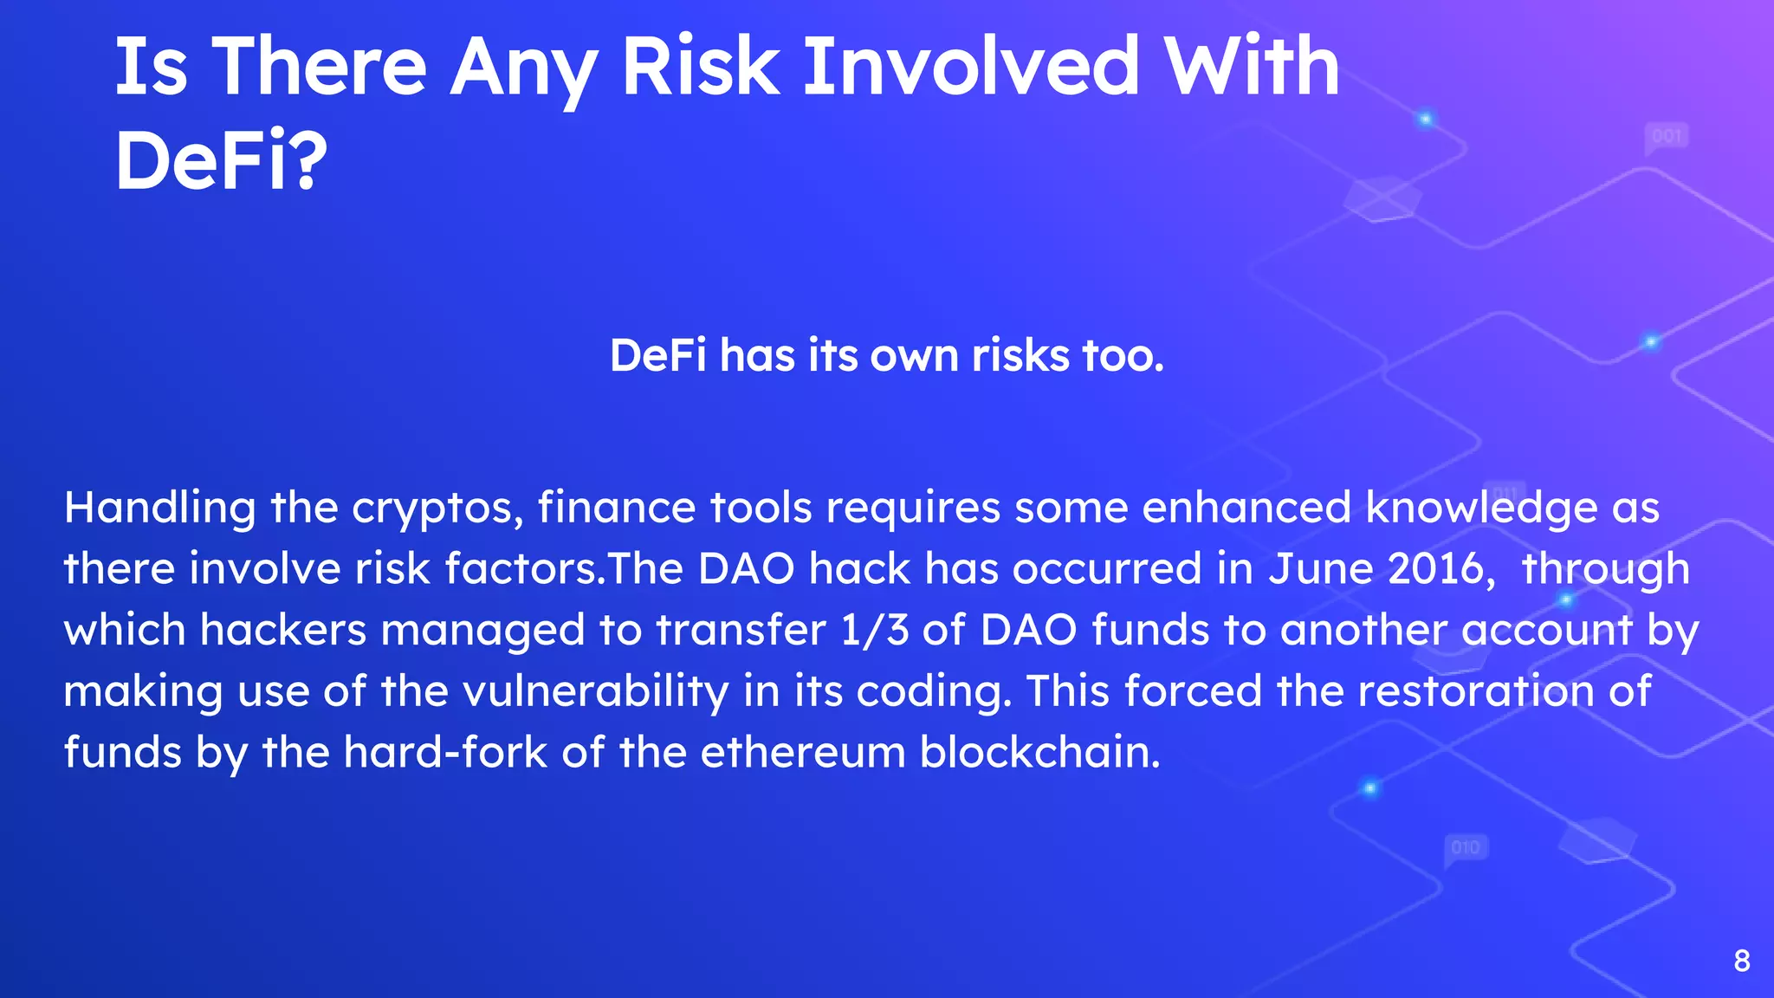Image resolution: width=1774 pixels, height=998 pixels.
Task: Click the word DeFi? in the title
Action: [x=221, y=160]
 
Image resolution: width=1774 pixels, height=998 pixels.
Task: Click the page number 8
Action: [x=1742, y=961]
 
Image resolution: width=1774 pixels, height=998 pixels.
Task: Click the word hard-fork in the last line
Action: [x=445, y=752]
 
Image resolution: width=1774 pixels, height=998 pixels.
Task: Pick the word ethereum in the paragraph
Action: [x=802, y=752]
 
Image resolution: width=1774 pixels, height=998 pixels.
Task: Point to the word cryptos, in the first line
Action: [x=437, y=509]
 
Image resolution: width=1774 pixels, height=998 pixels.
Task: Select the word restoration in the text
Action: [x=1476, y=691]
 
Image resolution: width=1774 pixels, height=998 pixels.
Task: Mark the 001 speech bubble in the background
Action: [x=1667, y=137]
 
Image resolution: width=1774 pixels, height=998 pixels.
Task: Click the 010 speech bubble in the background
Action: [x=1466, y=847]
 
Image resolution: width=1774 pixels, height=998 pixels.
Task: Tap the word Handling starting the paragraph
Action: [x=159, y=509]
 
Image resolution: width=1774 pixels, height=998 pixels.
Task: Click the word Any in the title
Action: [x=524, y=69]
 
